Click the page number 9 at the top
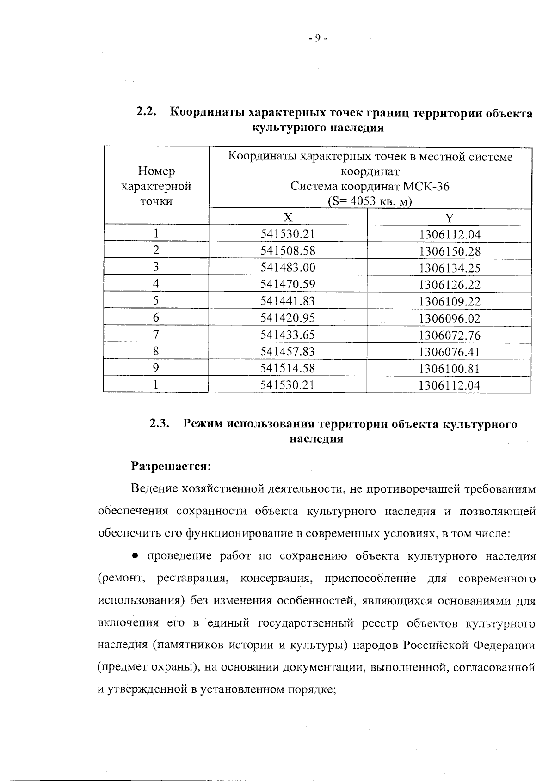click(318, 39)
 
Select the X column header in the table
click(288, 217)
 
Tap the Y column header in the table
click(450, 217)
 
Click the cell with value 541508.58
click(288, 251)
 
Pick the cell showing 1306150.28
click(450, 251)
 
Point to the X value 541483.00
click(288, 268)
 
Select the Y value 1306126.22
click(450, 285)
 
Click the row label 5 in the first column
click(156, 301)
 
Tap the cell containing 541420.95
click(288, 318)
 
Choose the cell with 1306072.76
click(450, 335)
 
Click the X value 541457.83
click(288, 352)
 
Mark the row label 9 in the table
click(156, 368)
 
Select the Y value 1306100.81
click(450, 369)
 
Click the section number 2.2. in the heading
click(147, 112)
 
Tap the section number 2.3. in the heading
click(160, 423)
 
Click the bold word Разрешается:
click(171, 466)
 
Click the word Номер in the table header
click(156, 171)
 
